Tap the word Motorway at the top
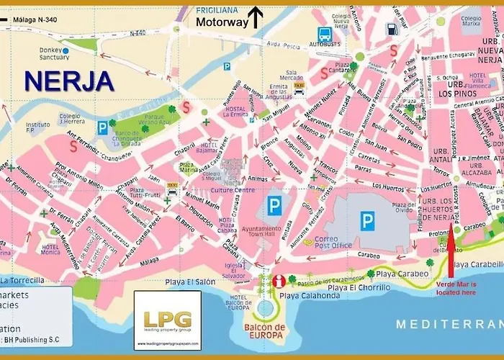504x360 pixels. pos(222,22)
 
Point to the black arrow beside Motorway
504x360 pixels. pos(256,16)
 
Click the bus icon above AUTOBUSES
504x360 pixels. pos(325,34)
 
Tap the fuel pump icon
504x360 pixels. pos(391,30)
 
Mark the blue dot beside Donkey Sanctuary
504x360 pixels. pos(66,50)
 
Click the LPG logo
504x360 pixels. pos(167,319)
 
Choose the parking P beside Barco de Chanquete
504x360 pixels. pos(102,128)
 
